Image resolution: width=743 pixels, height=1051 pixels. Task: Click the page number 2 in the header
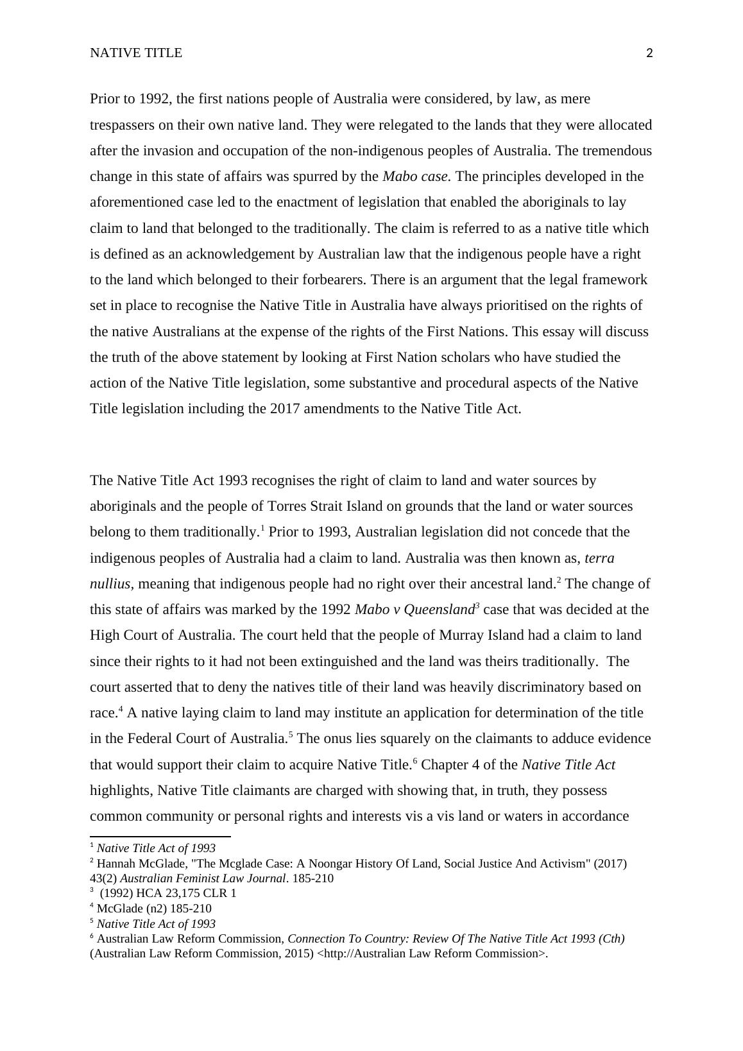(x=649, y=53)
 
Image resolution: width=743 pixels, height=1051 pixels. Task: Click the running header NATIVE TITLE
(x=136, y=53)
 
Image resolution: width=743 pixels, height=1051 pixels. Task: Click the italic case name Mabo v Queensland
(x=414, y=610)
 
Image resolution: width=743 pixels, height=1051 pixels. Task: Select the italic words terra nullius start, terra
(x=599, y=558)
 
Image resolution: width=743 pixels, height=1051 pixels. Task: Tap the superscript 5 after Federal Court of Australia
(x=291, y=734)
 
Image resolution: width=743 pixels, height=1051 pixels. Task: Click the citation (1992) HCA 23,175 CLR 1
(x=168, y=893)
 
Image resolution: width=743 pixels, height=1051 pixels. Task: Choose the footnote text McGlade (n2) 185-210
(x=154, y=909)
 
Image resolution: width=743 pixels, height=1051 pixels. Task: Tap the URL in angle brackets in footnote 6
(x=432, y=953)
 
